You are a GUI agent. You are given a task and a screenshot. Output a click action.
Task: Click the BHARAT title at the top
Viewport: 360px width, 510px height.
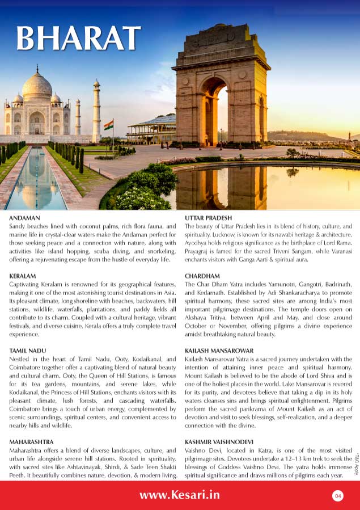point(78,38)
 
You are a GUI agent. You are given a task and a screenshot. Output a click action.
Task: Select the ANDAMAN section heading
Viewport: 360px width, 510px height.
point(25,218)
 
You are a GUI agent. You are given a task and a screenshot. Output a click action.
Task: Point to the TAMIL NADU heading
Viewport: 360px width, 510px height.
point(28,351)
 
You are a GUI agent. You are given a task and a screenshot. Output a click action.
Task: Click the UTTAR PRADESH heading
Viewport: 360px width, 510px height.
point(208,218)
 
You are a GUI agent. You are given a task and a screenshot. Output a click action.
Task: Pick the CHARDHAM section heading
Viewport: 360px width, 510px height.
point(202,275)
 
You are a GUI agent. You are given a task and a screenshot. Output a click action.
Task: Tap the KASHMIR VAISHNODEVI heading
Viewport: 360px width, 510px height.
point(219,441)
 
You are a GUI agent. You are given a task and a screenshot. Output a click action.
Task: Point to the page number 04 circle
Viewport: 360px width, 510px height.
point(338,496)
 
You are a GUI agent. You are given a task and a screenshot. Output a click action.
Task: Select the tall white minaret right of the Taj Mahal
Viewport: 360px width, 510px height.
point(96,111)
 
